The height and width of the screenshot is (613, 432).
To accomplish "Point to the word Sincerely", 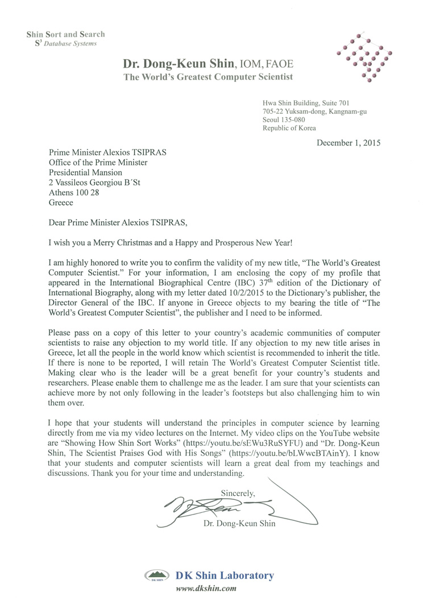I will [x=238, y=493].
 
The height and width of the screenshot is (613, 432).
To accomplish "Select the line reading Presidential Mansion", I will [x=85, y=172].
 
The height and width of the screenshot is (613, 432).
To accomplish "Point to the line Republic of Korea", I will [x=289, y=128].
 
